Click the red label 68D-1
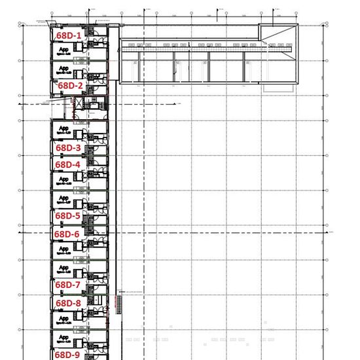click(68, 35)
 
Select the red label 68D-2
click(70, 86)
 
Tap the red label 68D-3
click(67, 148)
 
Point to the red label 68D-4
click(67, 164)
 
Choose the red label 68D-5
click(67, 215)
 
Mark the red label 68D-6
click(66, 234)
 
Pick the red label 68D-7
click(67, 285)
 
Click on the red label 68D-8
click(67, 303)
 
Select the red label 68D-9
click(67, 354)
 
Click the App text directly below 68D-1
click(64, 50)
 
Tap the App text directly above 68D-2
click(64, 68)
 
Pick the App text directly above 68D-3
click(64, 128)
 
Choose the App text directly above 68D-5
click(64, 197)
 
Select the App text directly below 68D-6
click(64, 249)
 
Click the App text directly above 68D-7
click(64, 267)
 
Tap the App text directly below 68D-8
click(64, 318)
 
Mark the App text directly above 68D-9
click(64, 337)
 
